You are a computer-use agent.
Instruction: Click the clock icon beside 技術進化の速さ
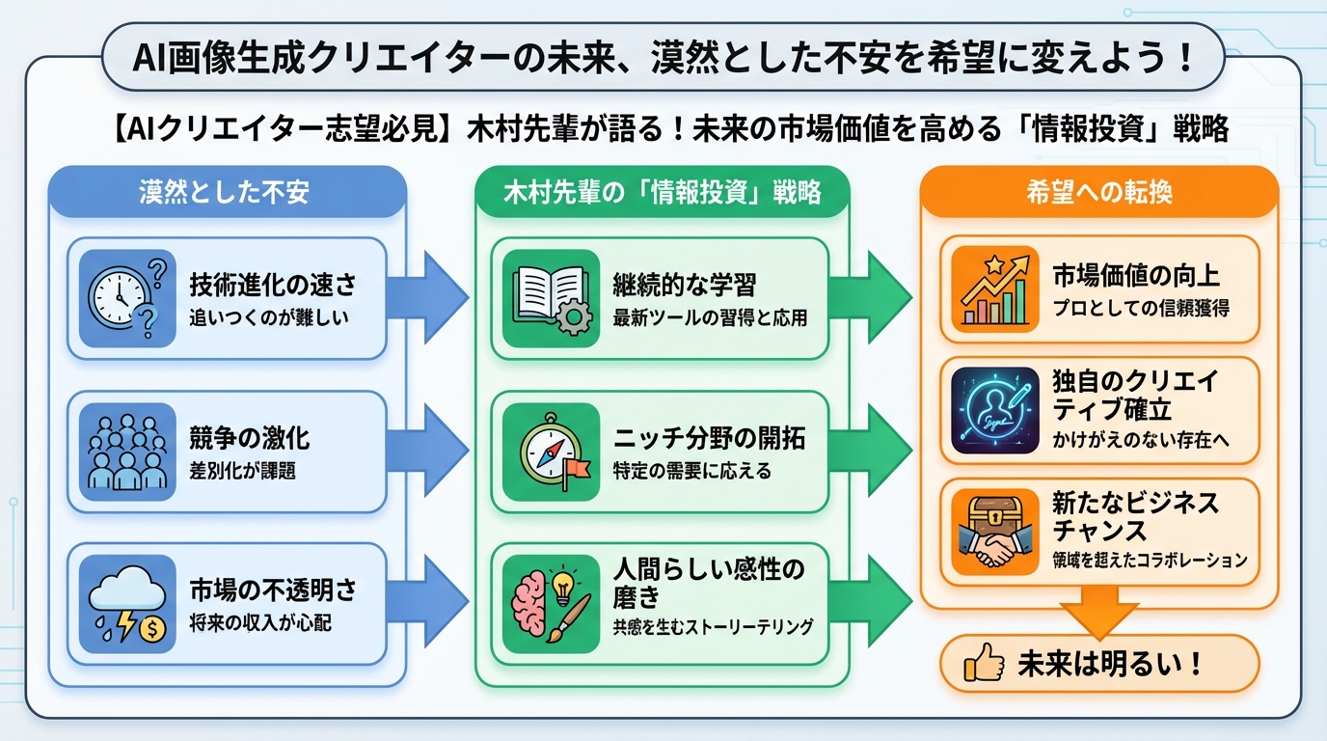pos(126,298)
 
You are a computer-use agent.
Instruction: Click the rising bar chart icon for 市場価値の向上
pos(994,289)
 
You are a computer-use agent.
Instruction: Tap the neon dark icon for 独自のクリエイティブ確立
pos(994,410)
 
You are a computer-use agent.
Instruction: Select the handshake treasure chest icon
pos(994,532)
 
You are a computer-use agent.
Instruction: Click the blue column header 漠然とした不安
pos(224,192)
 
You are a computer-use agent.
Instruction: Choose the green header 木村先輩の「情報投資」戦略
pos(663,192)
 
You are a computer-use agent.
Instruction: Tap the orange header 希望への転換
pos(1099,192)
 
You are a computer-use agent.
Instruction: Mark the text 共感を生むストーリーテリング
pos(713,626)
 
